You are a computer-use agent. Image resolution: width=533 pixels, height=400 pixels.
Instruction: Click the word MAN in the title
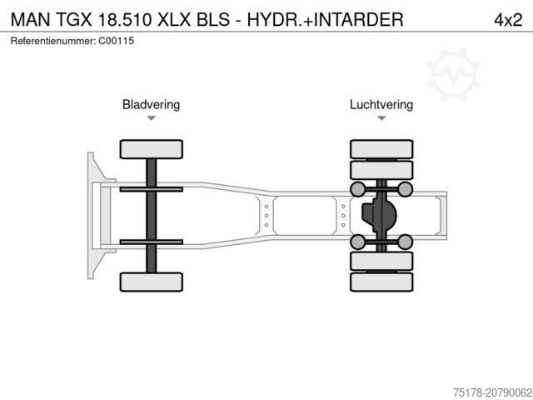pos(29,19)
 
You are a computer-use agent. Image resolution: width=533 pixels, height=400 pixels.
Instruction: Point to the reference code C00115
pos(117,41)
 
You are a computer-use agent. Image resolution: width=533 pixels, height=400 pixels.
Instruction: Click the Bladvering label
pos(151,105)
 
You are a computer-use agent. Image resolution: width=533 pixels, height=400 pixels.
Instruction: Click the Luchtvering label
pos(381,105)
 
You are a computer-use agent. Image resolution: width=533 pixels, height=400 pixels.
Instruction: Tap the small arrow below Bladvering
pos(151,118)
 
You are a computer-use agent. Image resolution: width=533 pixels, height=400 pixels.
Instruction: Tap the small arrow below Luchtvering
pos(381,118)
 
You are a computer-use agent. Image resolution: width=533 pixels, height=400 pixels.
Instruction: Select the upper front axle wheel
pos(151,149)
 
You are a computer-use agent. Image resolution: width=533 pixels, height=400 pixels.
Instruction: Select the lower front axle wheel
pos(151,282)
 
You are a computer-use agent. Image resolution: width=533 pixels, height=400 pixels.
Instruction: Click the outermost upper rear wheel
pos(381,149)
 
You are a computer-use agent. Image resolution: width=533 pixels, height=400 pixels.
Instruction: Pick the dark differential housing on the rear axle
pos(378,215)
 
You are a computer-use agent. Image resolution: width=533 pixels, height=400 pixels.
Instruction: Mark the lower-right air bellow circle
pos(405,242)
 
